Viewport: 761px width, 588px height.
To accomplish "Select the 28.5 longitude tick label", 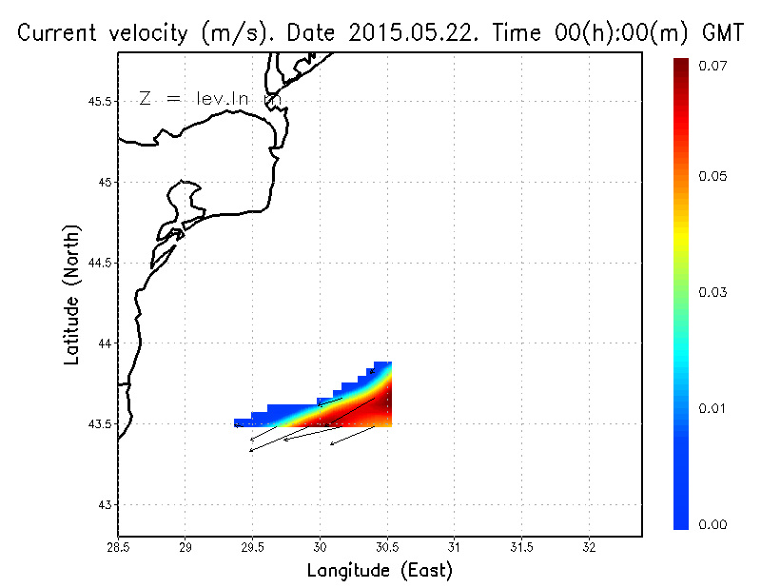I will tap(118, 547).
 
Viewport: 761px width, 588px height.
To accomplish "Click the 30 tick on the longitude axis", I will tap(320, 547).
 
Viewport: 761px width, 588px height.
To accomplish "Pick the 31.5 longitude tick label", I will tap(521, 547).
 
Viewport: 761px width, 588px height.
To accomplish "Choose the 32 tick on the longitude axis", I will tap(589, 547).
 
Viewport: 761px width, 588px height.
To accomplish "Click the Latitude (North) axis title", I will tap(71, 296).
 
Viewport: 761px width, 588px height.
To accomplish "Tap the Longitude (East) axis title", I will tap(380, 571).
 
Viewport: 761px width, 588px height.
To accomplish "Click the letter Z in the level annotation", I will tap(145, 99).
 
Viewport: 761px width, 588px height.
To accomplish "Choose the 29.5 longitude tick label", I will tap(252, 547).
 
